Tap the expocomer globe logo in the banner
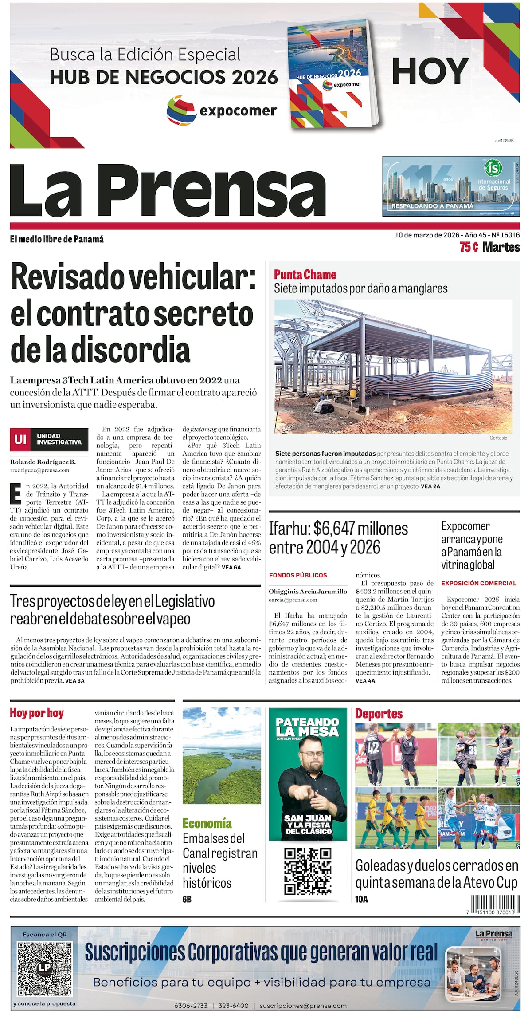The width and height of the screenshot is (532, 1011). pyautogui.click(x=181, y=111)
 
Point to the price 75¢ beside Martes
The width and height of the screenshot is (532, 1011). pyautogui.click(x=469, y=247)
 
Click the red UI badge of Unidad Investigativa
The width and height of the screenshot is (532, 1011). pyautogui.click(x=20, y=439)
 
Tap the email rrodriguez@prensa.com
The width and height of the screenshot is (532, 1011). pyautogui.click(x=40, y=470)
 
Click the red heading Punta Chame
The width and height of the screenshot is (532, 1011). pyautogui.click(x=305, y=275)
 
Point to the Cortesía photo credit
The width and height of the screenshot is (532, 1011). pyautogui.click(x=498, y=438)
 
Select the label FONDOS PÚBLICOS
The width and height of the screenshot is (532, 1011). pyautogui.click(x=298, y=575)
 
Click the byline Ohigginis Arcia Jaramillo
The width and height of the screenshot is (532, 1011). pyautogui.click(x=308, y=592)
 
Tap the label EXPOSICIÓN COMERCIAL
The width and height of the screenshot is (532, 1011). pyautogui.click(x=479, y=583)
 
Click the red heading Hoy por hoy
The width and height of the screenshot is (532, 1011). pyautogui.click(x=37, y=713)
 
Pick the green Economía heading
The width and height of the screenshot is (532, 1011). pyautogui.click(x=207, y=824)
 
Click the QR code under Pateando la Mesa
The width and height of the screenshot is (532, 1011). pyautogui.click(x=308, y=872)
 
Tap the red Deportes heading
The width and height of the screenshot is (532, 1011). pyautogui.click(x=379, y=714)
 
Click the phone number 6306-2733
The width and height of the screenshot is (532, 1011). pyautogui.click(x=191, y=1006)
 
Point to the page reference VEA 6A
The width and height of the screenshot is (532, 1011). pyautogui.click(x=231, y=567)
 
